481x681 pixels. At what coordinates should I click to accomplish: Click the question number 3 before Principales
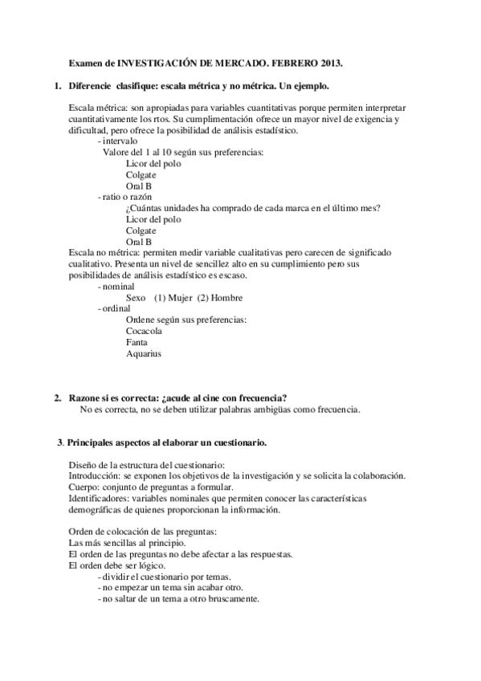pos(60,442)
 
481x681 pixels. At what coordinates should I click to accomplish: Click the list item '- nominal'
pos(116,286)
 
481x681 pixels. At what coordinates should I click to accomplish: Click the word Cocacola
pos(144,331)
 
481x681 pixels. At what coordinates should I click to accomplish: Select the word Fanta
pos(137,342)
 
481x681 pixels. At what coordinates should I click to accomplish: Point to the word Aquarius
pos(144,353)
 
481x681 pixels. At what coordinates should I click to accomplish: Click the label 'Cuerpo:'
pos(84,487)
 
